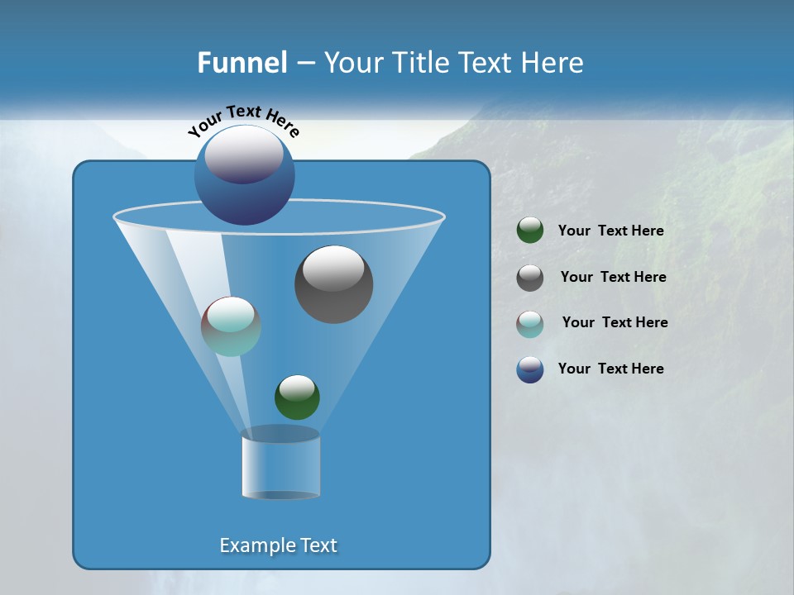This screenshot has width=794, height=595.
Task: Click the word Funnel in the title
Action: (242, 63)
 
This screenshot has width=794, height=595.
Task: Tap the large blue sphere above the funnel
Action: (244, 175)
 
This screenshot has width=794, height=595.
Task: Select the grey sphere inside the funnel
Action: (333, 285)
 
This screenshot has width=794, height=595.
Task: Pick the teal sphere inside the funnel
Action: (231, 326)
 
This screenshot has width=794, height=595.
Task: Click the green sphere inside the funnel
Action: (297, 397)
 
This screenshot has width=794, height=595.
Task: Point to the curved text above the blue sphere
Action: (243, 121)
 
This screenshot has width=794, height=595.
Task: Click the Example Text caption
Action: (278, 545)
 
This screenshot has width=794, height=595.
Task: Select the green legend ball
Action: (530, 231)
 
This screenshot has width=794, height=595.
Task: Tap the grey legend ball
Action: (530, 278)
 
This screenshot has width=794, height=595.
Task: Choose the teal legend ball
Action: (530, 324)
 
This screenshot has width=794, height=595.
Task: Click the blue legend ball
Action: (530, 369)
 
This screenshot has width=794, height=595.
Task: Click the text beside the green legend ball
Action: (610, 231)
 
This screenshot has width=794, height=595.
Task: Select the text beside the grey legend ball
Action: (613, 277)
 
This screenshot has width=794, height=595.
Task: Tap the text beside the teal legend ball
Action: (615, 322)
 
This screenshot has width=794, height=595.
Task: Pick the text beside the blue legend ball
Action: (610, 369)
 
